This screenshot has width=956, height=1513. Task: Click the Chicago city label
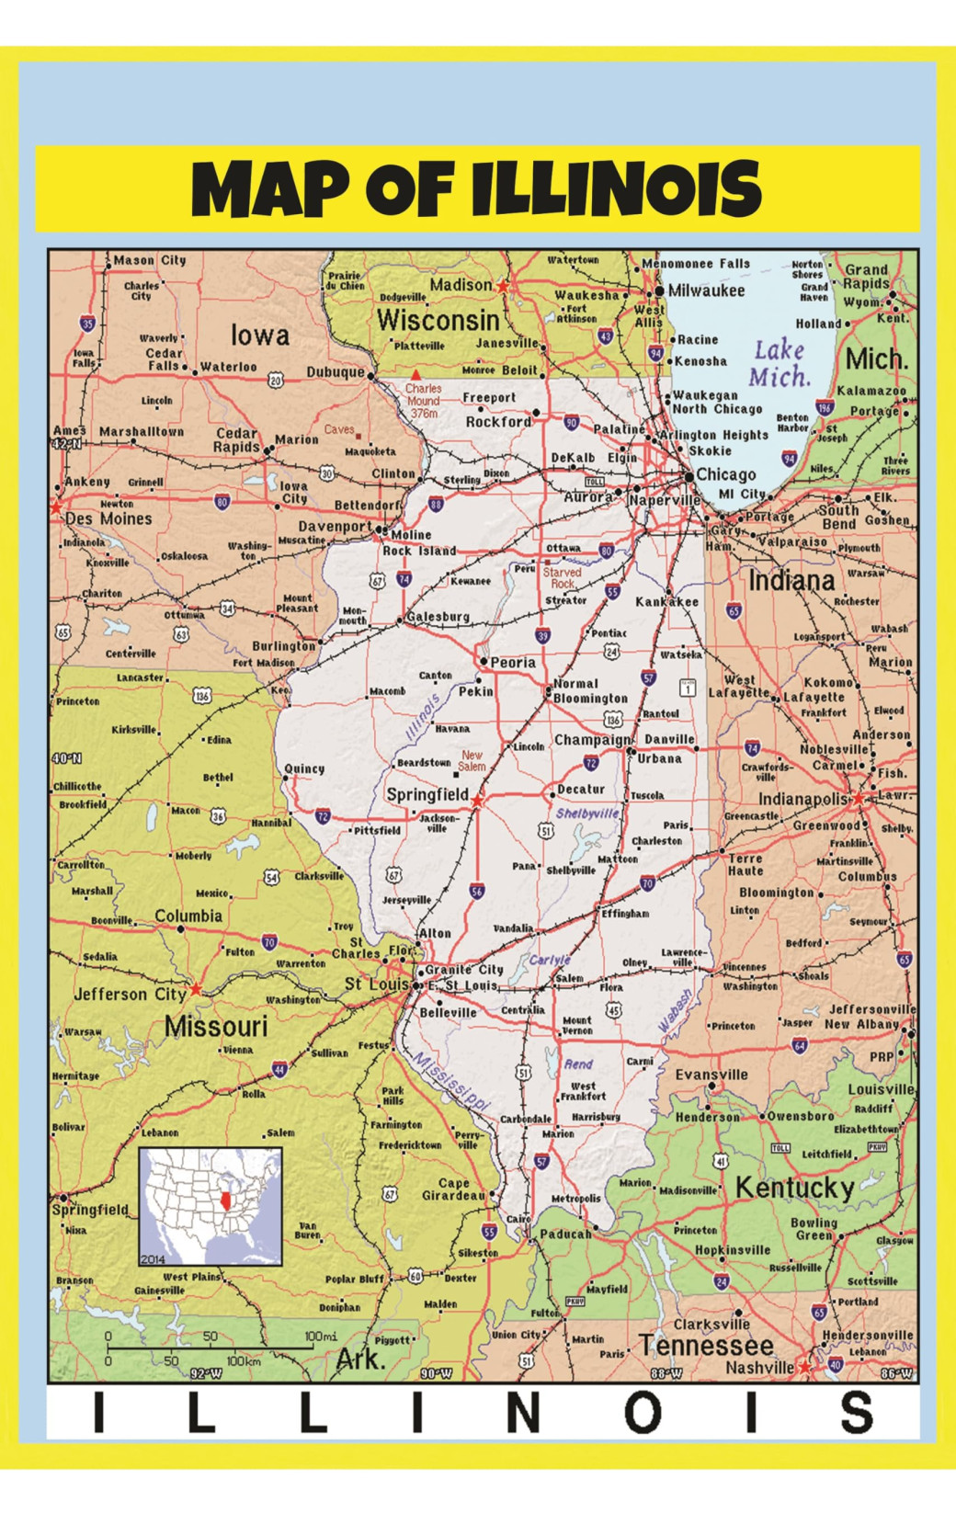click(726, 474)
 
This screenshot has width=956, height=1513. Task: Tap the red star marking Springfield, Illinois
click(476, 802)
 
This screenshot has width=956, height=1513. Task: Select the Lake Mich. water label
click(780, 363)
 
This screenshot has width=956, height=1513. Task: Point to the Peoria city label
click(513, 662)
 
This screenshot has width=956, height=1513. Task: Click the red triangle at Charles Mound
click(416, 375)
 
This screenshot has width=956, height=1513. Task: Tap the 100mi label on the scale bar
click(320, 1336)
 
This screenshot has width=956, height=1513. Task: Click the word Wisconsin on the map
click(438, 321)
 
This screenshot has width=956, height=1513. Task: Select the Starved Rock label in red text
click(562, 577)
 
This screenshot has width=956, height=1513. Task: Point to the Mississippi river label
click(450, 1081)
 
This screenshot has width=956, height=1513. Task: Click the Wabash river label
click(676, 1010)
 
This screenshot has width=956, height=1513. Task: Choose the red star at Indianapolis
click(859, 799)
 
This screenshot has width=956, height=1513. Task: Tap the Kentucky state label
click(794, 1188)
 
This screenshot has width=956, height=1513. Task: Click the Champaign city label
click(592, 740)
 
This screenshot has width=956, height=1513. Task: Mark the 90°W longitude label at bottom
click(436, 1373)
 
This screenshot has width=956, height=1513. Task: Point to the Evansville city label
click(711, 1074)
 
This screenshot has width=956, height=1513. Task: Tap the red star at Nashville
click(805, 1368)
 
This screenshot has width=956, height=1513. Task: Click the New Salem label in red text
click(472, 760)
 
